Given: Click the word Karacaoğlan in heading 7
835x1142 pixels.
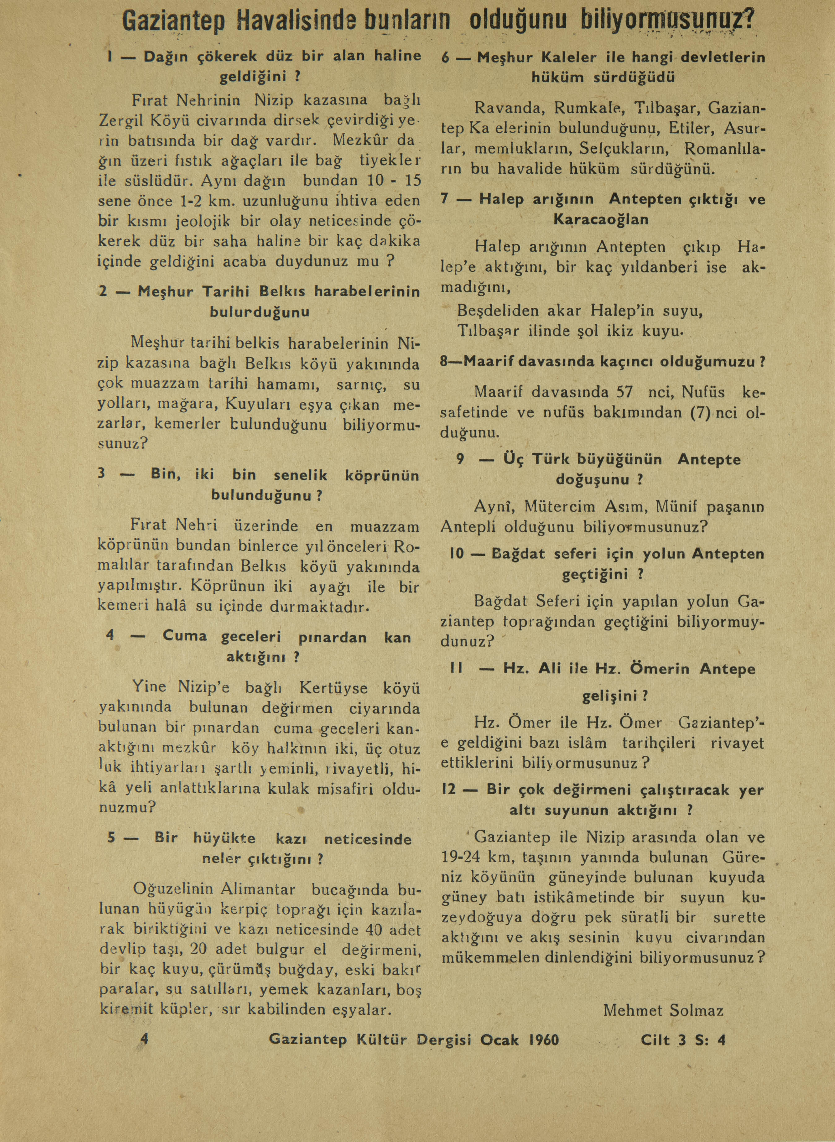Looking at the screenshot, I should pyautogui.click(x=601, y=220).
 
